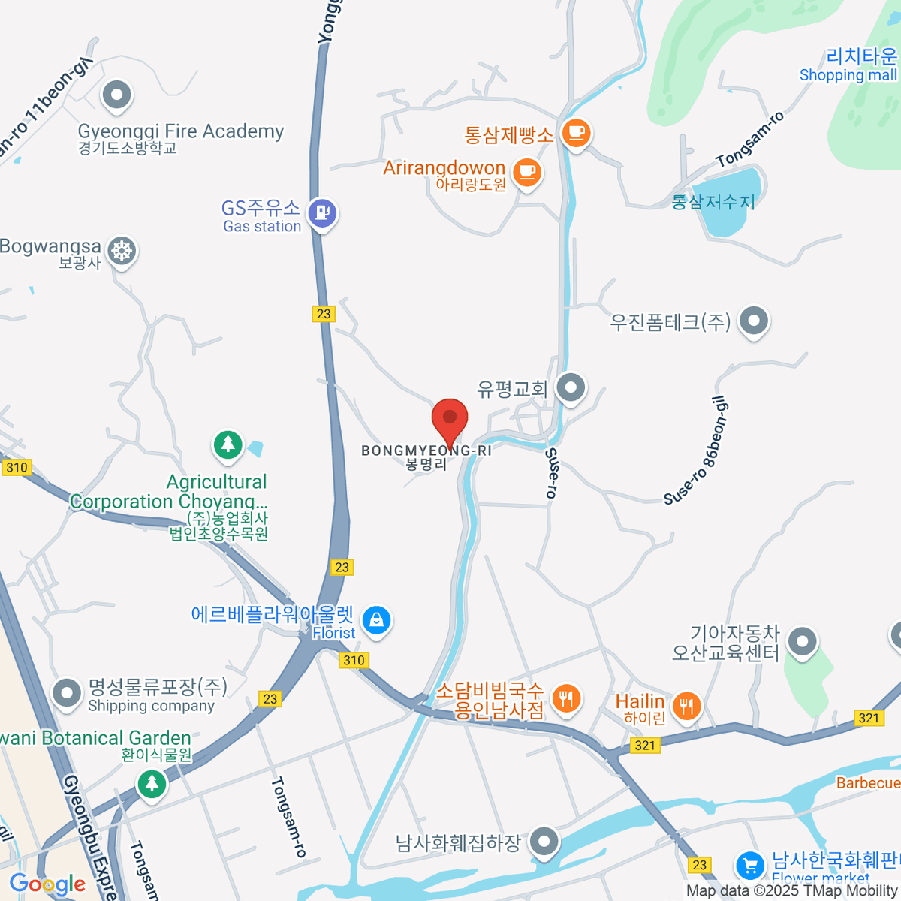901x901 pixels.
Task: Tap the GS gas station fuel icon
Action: [x=323, y=212]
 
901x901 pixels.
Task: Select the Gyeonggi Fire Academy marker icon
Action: [x=116, y=95]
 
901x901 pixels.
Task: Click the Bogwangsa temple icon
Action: [x=121, y=250]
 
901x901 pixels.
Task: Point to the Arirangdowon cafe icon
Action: [x=527, y=172]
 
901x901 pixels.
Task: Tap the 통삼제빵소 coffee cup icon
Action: [x=576, y=133]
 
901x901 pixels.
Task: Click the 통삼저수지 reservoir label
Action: [x=713, y=202]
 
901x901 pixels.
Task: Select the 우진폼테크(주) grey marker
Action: [x=754, y=321]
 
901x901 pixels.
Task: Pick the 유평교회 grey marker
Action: [x=571, y=388]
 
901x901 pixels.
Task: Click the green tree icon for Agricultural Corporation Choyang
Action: [x=228, y=445]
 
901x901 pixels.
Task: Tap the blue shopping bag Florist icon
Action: [x=376, y=620]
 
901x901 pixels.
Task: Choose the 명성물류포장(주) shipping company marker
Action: [x=67, y=692]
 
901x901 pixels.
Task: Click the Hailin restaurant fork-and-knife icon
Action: [x=686, y=706]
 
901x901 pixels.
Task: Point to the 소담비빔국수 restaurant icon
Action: [x=565, y=698]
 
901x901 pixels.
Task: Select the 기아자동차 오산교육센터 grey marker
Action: [x=803, y=642]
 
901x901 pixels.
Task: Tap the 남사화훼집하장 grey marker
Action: [x=544, y=841]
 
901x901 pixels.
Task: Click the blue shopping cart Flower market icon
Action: [x=749, y=865]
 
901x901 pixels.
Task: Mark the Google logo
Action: [x=47, y=884]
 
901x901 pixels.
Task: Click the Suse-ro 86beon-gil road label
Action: [x=696, y=451]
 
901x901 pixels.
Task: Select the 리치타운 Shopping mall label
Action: [x=848, y=65]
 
